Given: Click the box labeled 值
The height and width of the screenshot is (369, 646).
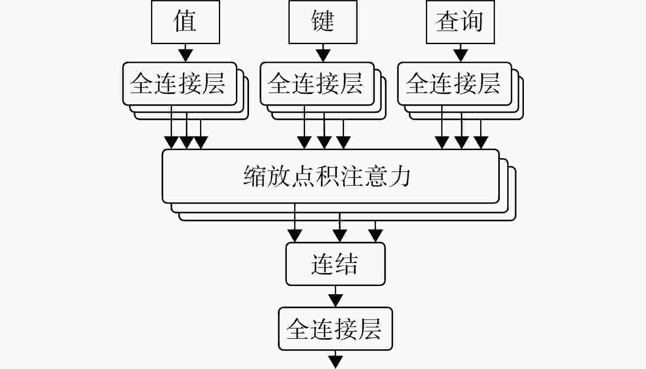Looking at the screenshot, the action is (186, 22).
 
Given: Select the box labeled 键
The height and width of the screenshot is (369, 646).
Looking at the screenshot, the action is (323, 22).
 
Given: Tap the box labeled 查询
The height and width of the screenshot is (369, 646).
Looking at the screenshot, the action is (460, 22).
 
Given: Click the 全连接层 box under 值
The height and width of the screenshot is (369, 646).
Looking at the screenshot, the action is (180, 84).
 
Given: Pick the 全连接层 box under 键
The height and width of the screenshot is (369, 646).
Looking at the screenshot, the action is (317, 84).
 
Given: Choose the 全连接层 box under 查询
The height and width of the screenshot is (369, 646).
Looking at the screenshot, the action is (454, 84).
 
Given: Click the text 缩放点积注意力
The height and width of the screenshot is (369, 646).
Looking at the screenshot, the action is (327, 176).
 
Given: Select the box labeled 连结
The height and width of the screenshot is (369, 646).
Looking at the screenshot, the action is (335, 264).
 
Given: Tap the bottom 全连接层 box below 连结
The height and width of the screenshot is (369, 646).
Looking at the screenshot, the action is (335, 329).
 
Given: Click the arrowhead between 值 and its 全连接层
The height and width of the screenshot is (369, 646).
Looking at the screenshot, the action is (186, 56).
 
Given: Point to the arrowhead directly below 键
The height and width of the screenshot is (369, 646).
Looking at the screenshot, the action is (323, 56).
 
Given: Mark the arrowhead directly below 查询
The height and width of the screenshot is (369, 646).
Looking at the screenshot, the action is (460, 56).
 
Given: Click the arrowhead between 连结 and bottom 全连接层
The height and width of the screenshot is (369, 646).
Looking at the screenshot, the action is (335, 300).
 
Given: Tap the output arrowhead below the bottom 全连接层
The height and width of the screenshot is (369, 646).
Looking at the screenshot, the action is (335, 362).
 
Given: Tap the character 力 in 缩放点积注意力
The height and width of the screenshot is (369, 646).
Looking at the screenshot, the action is (400, 176).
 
